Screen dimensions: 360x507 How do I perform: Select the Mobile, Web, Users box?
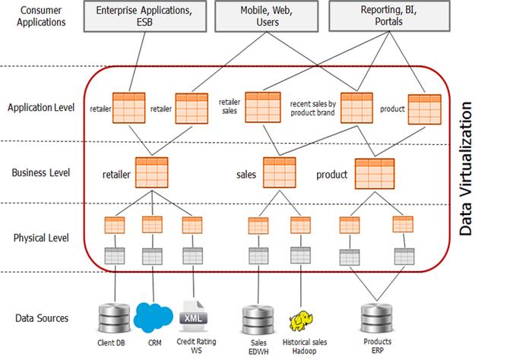pyautogui.click(x=259, y=16)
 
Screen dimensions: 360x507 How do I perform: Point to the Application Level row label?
pyautogui.click(x=41, y=107)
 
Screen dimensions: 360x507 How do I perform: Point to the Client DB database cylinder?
pyautogui.click(x=115, y=316)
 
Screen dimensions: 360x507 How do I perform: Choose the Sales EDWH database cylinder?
pyautogui.click(x=255, y=318)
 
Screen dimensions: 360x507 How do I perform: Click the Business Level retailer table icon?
pyautogui.click(x=151, y=173)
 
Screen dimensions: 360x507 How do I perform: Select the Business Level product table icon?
pyautogui.click(x=373, y=173)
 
